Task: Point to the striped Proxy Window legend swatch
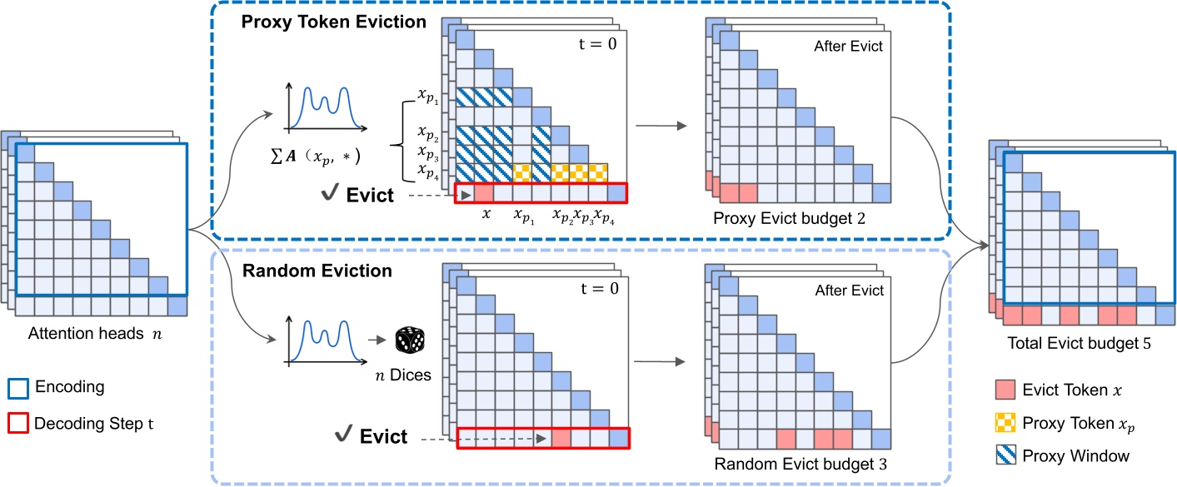(1005, 455)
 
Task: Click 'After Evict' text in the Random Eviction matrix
(848, 291)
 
